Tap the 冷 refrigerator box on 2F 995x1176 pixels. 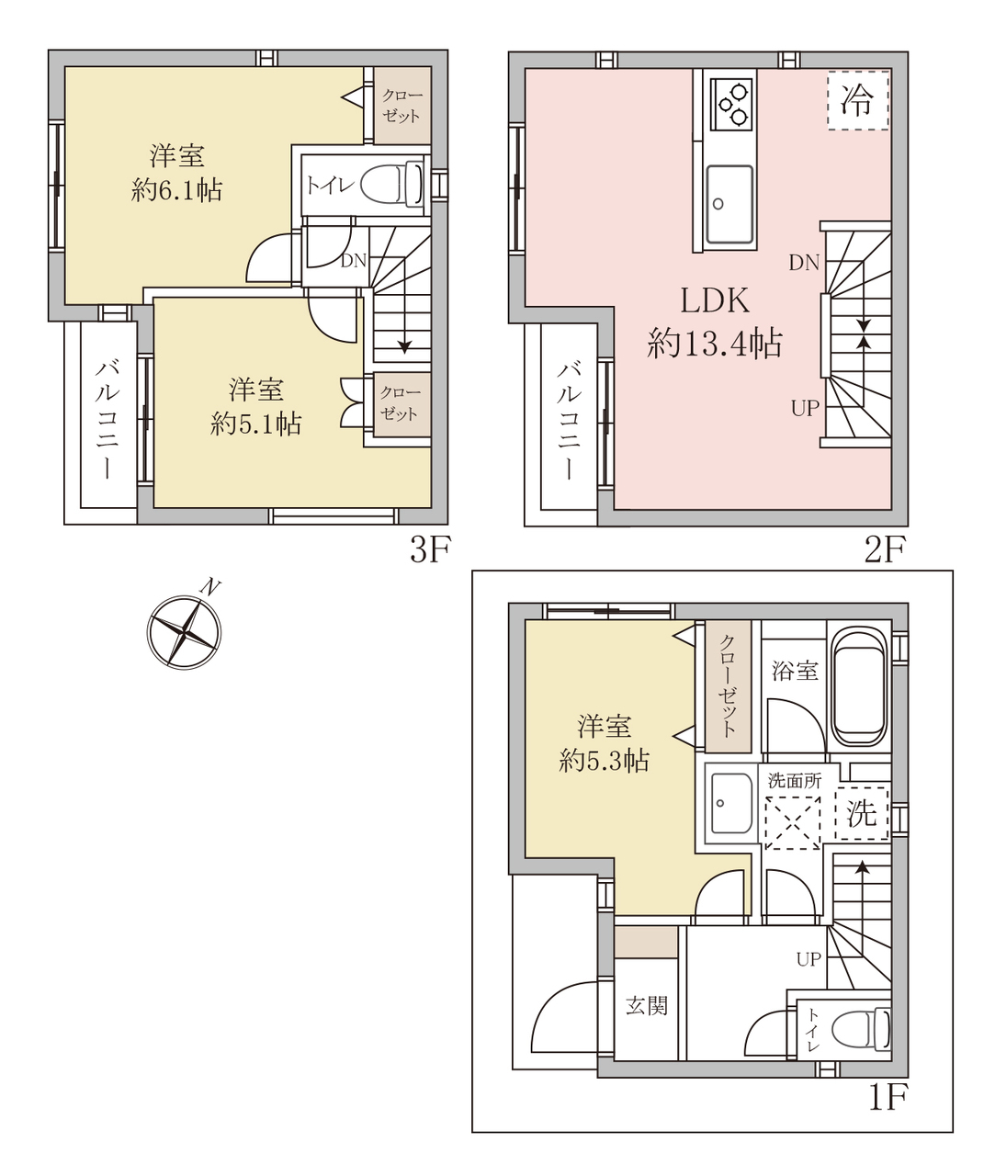[x=858, y=101]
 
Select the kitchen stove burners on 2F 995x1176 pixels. [x=731, y=103]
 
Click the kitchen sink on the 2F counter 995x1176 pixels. [x=729, y=204]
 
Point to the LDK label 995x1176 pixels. [x=715, y=300]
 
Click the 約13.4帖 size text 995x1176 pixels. [x=714, y=343]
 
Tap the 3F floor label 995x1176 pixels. [x=430, y=549]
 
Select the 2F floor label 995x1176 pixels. [x=885, y=549]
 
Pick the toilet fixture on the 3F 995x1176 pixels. [x=392, y=183]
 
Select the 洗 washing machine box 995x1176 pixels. [x=861, y=814]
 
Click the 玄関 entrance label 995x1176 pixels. [x=647, y=1005]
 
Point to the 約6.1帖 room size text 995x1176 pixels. [x=176, y=190]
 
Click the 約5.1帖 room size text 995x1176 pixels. [x=256, y=424]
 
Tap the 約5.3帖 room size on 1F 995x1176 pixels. [x=605, y=760]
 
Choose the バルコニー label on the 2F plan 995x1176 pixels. [x=569, y=422]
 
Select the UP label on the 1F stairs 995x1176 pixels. [x=808, y=960]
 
